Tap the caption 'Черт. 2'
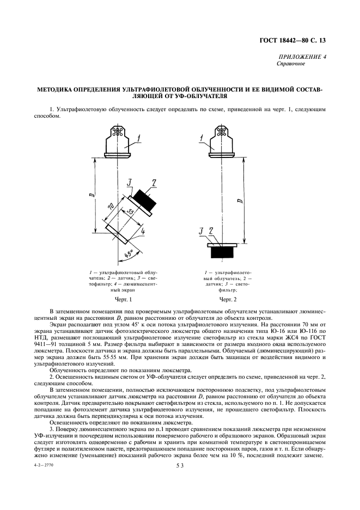coord(228,299)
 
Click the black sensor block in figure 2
coord(223,252)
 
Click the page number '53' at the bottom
coord(180,465)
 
